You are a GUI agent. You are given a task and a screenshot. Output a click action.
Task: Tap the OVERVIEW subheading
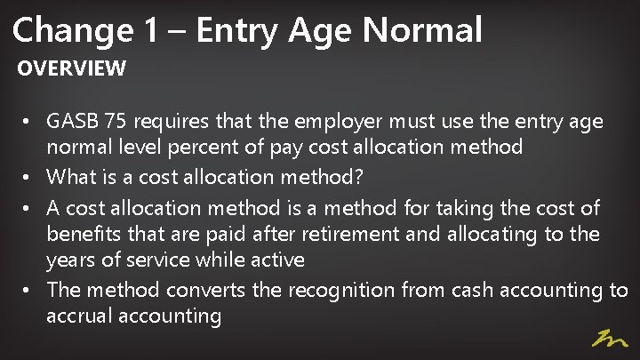coord(72,68)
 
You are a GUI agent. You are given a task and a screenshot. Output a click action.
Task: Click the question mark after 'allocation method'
coord(358,177)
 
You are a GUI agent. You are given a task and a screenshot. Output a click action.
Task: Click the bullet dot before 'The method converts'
coord(29,290)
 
